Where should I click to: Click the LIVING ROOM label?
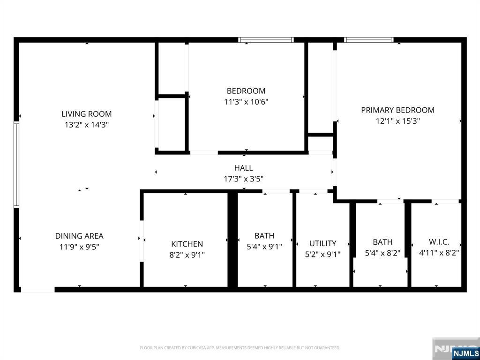click(x=87, y=114)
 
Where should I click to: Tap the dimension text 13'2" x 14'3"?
click(x=87, y=125)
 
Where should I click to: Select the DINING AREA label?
click(x=79, y=236)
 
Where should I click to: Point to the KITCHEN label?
click(x=187, y=244)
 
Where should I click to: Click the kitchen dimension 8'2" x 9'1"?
click(x=187, y=255)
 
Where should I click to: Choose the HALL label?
click(x=244, y=168)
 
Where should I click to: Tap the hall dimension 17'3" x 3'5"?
click(x=244, y=179)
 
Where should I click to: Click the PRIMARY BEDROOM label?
click(x=397, y=110)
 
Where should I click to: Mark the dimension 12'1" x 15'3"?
click(x=397, y=121)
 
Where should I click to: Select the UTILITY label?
click(x=322, y=243)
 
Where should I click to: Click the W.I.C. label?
click(x=439, y=242)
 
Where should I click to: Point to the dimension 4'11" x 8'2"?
click(x=439, y=253)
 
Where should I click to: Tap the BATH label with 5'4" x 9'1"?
click(x=264, y=236)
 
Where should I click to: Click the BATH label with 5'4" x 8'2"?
click(x=382, y=242)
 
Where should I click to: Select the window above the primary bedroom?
click(x=368, y=40)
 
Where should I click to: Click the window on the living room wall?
click(x=16, y=164)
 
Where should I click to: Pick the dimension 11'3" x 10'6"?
click(x=246, y=102)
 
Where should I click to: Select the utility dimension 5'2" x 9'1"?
click(x=322, y=255)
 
